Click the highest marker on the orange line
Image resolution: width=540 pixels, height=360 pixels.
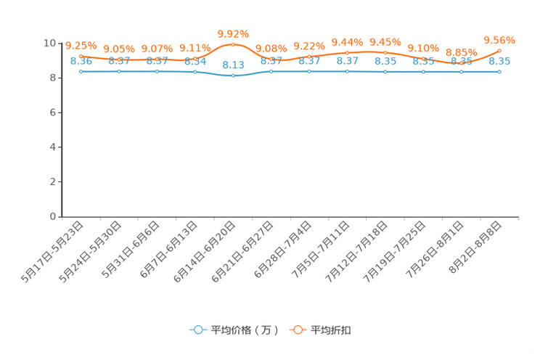(x=233, y=44)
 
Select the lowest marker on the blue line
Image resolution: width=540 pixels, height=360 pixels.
(x=233, y=75)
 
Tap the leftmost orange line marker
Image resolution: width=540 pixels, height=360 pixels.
(x=81, y=55)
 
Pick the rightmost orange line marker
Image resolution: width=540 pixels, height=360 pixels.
(x=499, y=50)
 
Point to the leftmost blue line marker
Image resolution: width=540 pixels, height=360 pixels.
(x=81, y=71)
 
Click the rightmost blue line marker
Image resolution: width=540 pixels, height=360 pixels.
(x=499, y=71)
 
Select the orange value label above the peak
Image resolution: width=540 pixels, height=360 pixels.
(x=233, y=33)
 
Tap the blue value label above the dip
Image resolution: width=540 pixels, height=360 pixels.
(x=233, y=65)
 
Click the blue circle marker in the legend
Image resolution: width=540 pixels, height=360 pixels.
(x=198, y=330)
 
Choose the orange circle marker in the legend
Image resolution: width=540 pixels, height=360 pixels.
(x=298, y=330)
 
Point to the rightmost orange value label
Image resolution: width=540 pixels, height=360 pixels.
(x=499, y=39)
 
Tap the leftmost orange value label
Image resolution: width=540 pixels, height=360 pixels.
(x=81, y=45)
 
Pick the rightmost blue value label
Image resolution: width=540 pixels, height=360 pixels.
(x=499, y=61)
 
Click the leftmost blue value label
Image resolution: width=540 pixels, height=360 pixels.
(x=81, y=61)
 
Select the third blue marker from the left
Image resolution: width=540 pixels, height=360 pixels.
(x=157, y=71)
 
